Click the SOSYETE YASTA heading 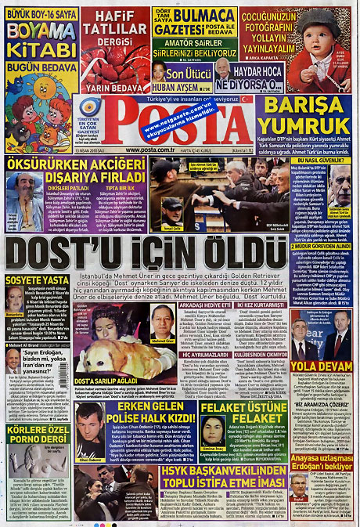coord(37,280)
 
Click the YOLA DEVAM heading coord(322,366)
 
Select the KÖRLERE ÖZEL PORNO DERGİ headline coord(38,435)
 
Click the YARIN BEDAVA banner coord(113,88)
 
